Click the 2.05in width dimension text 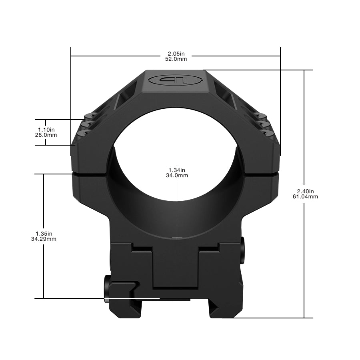click(x=176, y=53)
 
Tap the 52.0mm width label click(x=176, y=59)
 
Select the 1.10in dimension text click(x=46, y=130)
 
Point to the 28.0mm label click(x=46, y=135)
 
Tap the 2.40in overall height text click(x=306, y=191)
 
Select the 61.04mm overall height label click(x=306, y=196)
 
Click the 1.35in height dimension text click(x=44, y=234)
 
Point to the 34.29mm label click(x=44, y=239)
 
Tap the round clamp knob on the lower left click(x=108, y=289)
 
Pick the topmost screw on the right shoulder click(x=262, y=117)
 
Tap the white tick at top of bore click(x=177, y=107)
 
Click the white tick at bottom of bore click(x=177, y=238)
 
